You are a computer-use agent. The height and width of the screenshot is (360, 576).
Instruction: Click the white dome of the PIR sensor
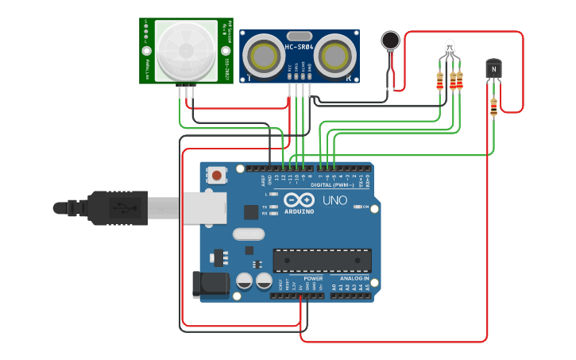(186, 51)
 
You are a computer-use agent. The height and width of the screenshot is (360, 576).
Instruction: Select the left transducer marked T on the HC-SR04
(261, 56)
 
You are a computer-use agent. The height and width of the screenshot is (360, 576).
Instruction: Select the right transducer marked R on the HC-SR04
(337, 56)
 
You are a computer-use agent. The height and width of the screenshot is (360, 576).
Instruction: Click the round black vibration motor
(390, 41)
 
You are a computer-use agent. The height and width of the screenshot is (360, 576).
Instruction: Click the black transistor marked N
(494, 69)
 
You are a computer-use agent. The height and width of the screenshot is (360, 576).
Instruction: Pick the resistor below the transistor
(494, 106)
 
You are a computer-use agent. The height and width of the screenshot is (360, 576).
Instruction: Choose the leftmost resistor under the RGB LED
(440, 81)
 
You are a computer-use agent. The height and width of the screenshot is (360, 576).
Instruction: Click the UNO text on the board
(334, 200)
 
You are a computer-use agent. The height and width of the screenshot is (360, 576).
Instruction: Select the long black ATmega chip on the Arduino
(322, 260)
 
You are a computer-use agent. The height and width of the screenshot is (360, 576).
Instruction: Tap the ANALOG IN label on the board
(354, 279)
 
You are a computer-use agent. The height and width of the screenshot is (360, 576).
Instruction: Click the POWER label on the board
(313, 279)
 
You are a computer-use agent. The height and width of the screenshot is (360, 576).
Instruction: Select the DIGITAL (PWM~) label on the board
(332, 184)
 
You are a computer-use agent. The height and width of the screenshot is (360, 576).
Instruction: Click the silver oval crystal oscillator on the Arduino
(248, 234)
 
